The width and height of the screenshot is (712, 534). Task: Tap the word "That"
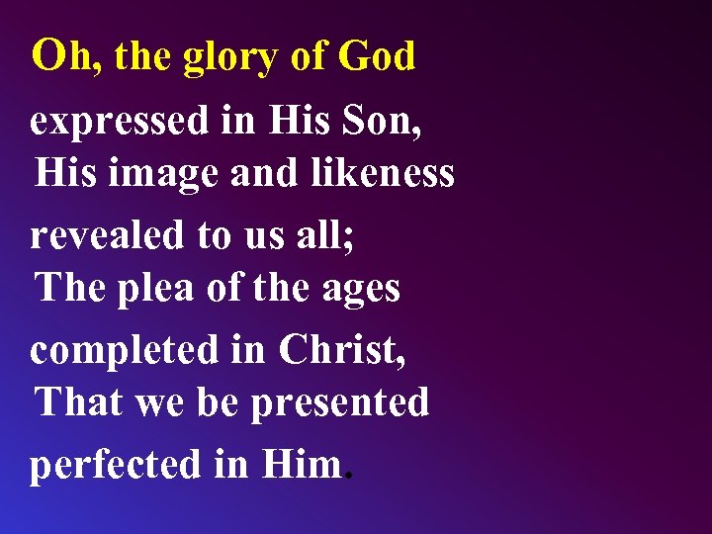[x=78, y=402]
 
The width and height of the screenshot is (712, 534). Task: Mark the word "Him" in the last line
[x=301, y=463]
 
